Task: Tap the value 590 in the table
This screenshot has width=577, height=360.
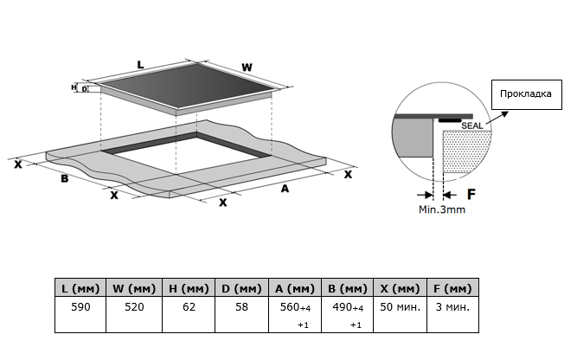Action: point(80,306)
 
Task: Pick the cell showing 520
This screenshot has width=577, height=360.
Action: point(133,306)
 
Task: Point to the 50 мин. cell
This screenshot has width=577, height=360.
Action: point(401,306)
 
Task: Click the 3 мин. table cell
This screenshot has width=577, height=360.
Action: point(452,306)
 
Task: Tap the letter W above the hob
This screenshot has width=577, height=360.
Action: point(246,67)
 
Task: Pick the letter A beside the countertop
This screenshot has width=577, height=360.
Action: point(285,189)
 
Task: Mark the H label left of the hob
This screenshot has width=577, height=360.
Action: point(74,87)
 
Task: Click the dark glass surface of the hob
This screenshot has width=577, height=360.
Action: point(190,88)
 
